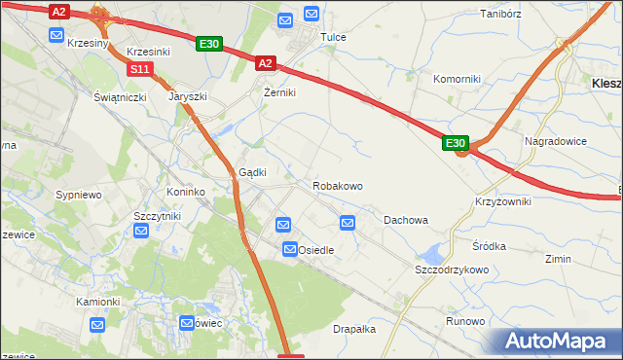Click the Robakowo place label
click(338, 185)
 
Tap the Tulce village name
click(333, 37)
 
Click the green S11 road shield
click(140, 69)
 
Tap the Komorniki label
click(457, 78)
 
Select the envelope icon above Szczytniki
click(141, 231)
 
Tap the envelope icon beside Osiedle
click(290, 250)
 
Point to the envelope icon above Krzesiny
click(57, 34)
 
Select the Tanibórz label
click(502, 15)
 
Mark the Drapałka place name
click(354, 329)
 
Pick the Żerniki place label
click(279, 92)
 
